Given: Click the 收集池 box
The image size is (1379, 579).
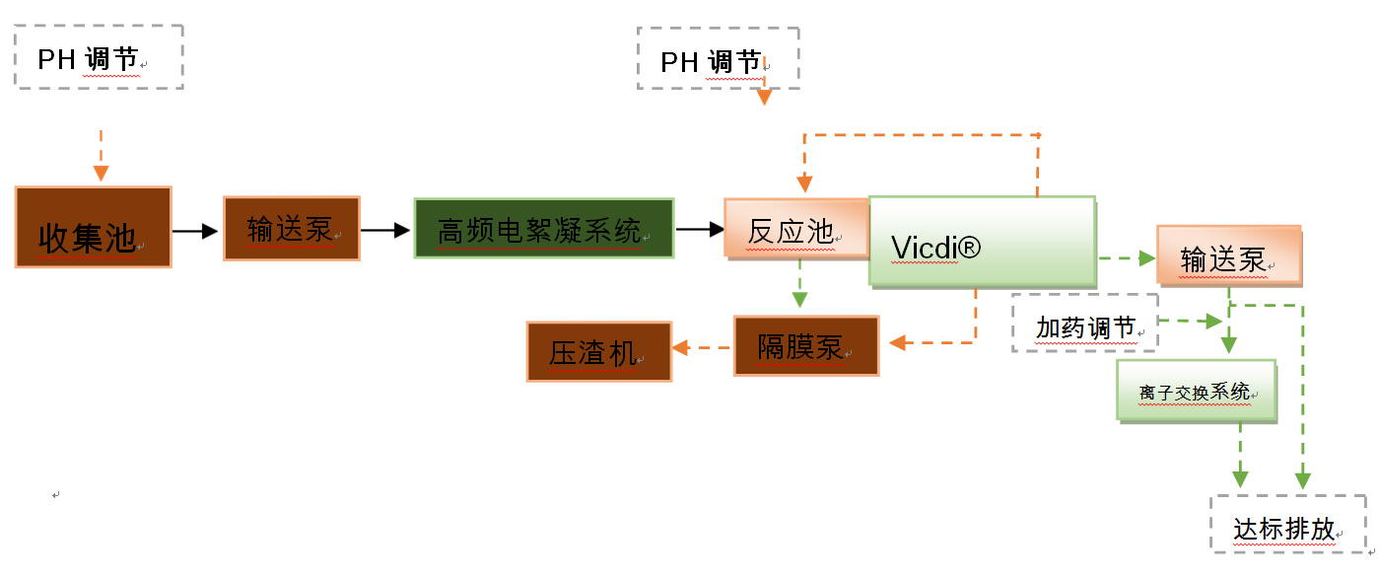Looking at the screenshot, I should pos(94,227).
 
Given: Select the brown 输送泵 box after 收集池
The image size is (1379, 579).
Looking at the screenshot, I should pos(292,229).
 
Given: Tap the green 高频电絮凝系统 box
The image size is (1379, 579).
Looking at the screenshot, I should pos(543,229).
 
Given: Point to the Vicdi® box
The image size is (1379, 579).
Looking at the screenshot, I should pos(982,242).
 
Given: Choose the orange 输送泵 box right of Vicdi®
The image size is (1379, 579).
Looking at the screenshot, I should pos(1228,255).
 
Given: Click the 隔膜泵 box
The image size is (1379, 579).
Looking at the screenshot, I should pos(805,345).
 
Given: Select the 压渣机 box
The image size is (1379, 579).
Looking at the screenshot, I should pos(599,351).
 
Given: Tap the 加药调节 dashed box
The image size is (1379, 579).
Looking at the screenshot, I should pos(1084,323).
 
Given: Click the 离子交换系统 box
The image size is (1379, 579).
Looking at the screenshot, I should pos(1196,391).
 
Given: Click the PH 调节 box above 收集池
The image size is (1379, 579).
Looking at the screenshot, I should pos(100,58).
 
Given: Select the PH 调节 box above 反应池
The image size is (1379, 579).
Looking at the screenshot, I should pos(718,58).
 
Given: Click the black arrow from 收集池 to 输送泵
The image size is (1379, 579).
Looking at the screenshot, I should pos(195,231).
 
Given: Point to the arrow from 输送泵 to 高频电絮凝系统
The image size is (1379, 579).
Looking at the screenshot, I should pos(385,230).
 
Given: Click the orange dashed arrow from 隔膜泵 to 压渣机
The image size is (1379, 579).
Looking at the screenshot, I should pos(702,346).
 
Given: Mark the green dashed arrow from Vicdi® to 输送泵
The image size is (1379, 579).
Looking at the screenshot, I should pos(1126,258).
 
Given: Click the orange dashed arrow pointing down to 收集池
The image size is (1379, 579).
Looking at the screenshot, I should pos(101,156).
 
